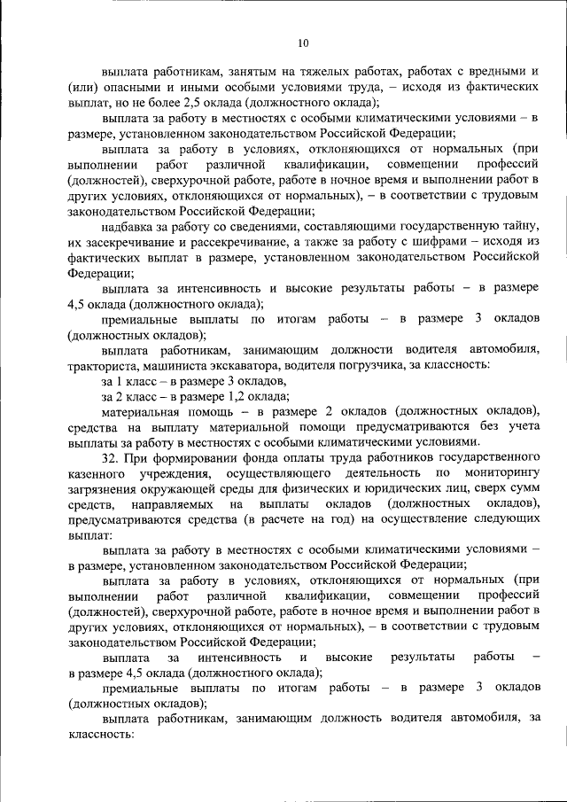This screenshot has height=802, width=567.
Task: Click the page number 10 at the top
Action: coord(304,42)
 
